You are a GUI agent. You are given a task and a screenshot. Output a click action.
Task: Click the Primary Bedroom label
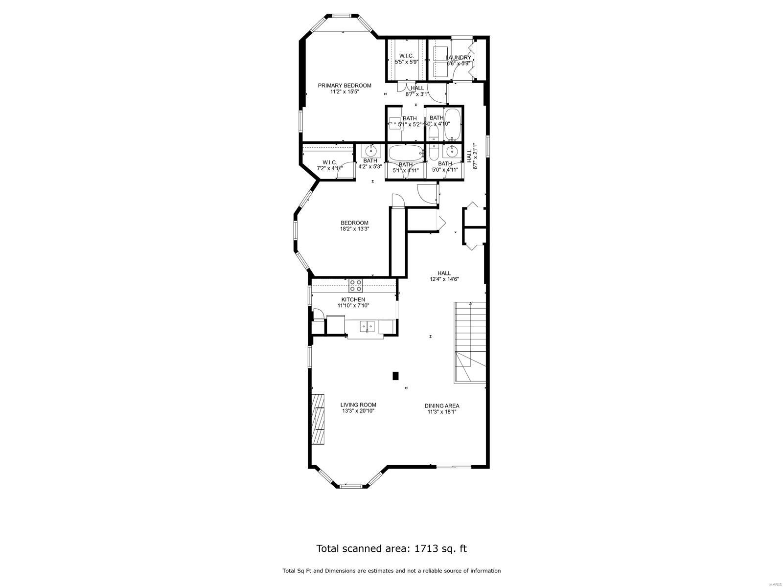coord(344,86)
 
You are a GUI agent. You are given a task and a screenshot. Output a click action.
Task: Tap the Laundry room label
coord(458,58)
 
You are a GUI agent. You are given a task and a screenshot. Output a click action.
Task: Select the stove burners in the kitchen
coord(355,286)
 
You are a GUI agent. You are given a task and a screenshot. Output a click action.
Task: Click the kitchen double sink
coord(367,325)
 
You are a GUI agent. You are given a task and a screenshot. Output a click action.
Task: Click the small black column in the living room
coord(395,376)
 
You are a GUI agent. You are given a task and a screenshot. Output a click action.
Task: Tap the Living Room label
coord(358,405)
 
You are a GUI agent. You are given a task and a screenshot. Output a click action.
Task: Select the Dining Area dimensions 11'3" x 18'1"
coord(441,412)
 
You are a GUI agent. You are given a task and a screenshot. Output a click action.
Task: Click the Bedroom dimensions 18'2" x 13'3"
coord(354,229)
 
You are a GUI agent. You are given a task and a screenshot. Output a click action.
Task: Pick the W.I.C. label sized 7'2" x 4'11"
coord(329,162)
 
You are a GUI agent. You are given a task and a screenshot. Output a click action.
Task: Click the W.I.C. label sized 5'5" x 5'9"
coord(406,56)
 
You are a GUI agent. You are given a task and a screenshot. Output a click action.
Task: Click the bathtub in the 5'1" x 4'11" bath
coord(405,153)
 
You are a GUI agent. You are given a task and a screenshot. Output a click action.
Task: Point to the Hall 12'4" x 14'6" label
coord(444,273)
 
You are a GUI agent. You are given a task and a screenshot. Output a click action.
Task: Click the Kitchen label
coord(353,299)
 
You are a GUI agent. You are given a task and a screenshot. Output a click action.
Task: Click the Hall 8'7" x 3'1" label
coord(417,88)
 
